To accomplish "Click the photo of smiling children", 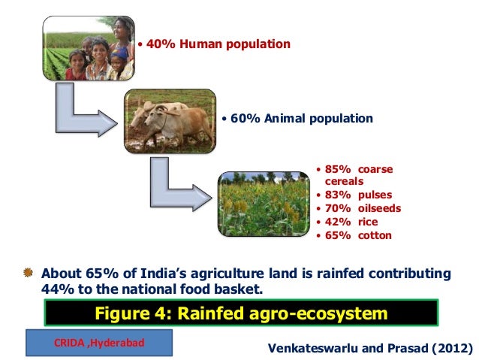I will (88, 48).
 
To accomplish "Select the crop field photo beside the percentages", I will (263, 203).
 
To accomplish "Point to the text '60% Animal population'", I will (301, 119).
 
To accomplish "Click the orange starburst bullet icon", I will (28, 271).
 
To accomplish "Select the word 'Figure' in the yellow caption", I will (125, 313).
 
